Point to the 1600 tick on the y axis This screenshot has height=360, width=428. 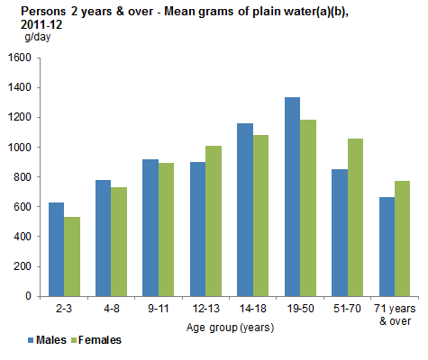point(19,58)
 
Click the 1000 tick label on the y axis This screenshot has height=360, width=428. point(19,147)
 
